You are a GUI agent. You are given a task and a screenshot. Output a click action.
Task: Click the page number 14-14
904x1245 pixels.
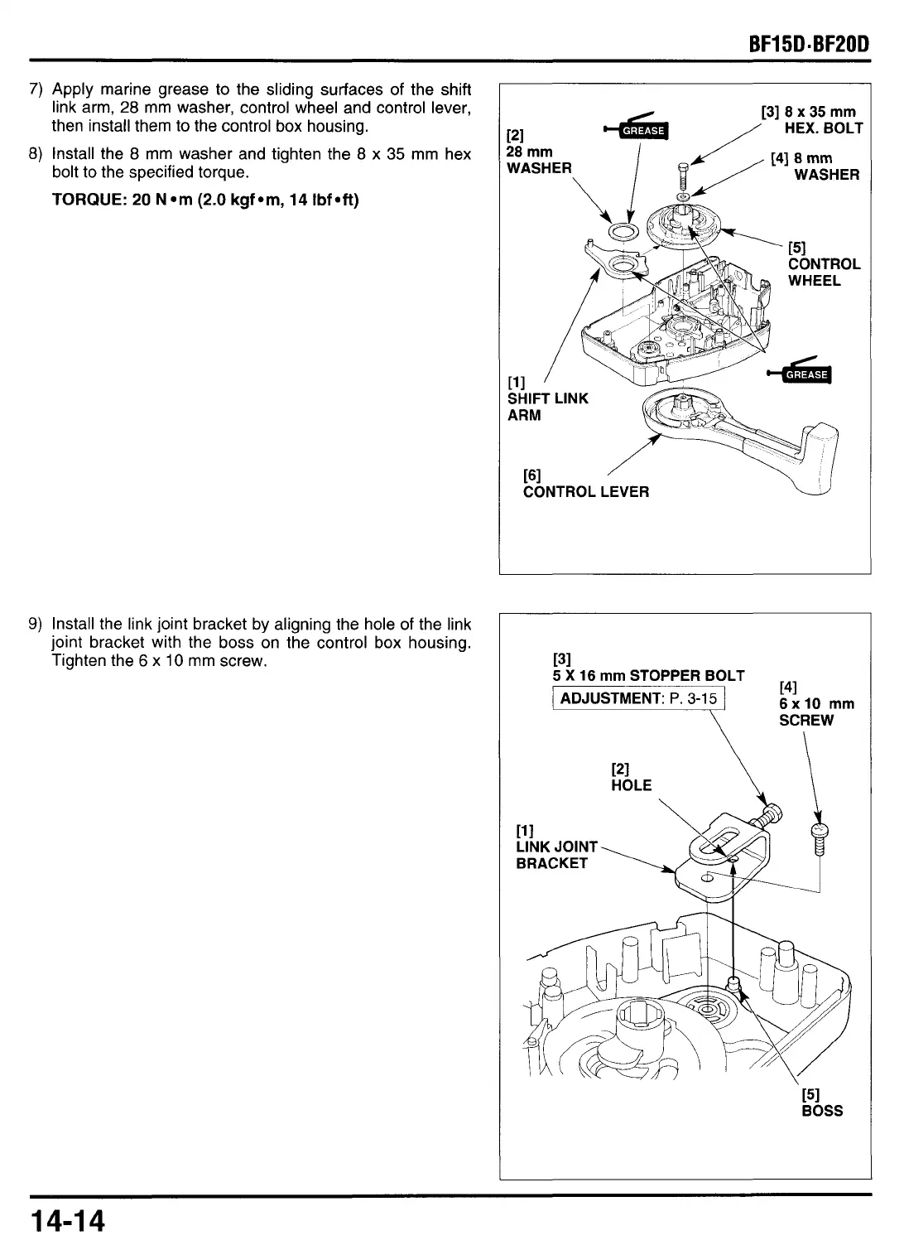70,1221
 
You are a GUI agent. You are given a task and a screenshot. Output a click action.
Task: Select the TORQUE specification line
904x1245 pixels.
205,200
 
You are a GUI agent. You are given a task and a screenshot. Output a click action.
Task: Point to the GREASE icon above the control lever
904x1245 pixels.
805,374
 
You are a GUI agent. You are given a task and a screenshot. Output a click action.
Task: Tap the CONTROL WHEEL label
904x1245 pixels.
824,264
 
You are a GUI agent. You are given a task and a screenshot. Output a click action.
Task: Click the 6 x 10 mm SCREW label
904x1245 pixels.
816,703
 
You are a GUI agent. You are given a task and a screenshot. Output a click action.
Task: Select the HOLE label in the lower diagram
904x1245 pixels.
631,777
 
